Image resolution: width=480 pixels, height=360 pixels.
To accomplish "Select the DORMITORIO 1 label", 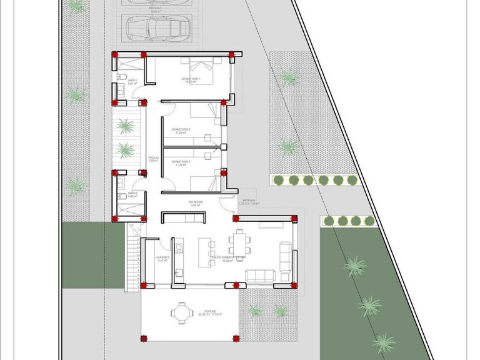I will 191,79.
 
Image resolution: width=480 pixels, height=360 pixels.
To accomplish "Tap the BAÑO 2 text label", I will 132,194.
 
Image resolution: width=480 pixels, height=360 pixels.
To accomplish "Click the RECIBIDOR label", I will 197,202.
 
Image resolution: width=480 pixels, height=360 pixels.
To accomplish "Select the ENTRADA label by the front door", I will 249,201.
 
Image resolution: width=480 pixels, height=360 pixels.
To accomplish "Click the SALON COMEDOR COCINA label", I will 228,257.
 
